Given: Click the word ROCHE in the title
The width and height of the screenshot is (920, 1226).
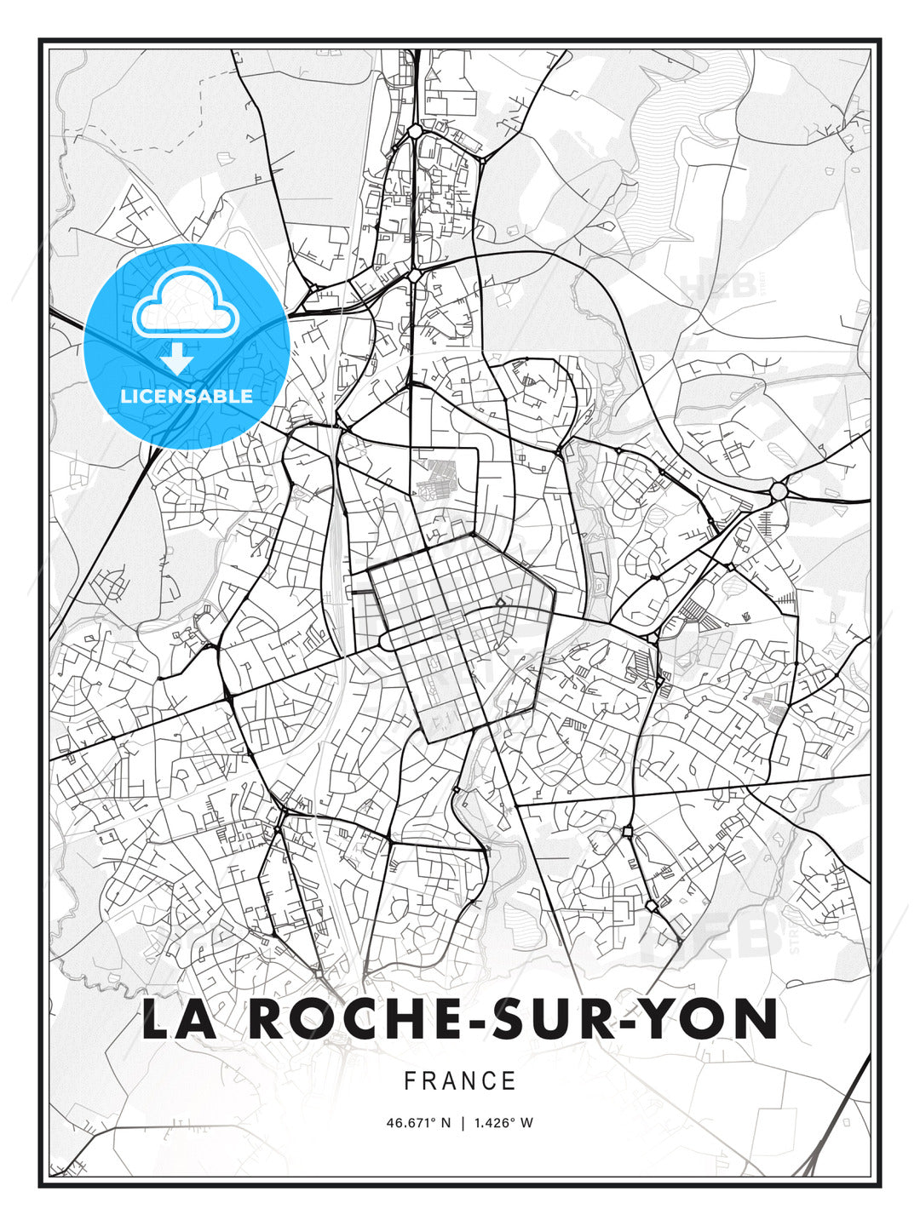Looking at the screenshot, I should (340, 1019).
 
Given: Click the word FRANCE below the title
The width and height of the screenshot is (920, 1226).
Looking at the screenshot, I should (460, 1081).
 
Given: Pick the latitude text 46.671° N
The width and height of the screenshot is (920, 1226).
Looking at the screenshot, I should (417, 1123).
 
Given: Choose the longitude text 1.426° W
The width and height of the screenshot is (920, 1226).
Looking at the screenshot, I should (503, 1123).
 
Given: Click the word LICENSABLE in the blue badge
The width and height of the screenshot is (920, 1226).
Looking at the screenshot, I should (187, 396).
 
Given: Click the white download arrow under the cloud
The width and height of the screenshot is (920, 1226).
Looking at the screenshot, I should (177, 359).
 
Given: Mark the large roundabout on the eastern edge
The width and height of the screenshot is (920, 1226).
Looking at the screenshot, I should (779, 490).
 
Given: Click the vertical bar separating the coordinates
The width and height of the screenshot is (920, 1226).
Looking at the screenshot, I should (462, 1123).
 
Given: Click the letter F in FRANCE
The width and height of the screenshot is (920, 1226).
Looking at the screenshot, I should (410, 1081).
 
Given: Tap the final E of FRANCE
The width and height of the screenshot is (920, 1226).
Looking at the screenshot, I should (509, 1081).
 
